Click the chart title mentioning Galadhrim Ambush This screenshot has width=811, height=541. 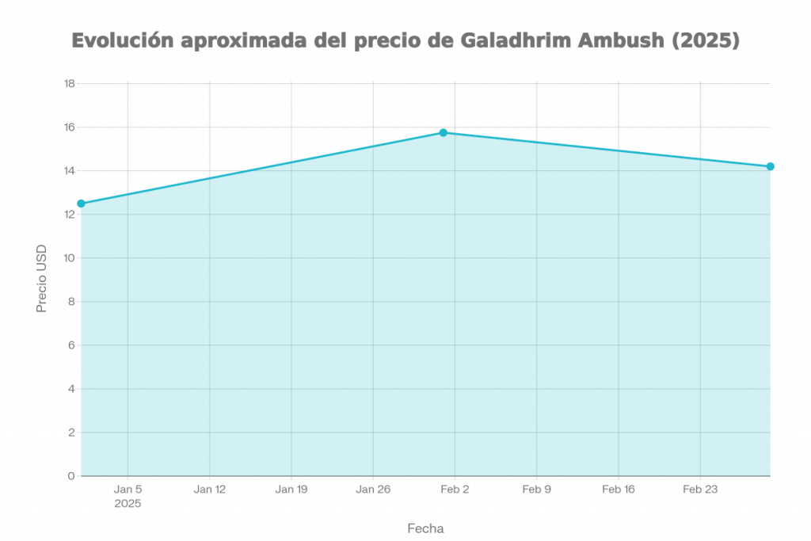tap(405, 41)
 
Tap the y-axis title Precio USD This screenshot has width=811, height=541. tap(43, 279)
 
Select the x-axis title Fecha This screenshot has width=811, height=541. tap(425, 528)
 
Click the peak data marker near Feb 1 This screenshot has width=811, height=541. tap(444, 131)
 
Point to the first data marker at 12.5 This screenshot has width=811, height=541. tap(81, 204)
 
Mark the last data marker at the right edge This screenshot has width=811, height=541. tap(770, 166)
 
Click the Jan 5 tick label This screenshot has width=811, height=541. tap(128, 490)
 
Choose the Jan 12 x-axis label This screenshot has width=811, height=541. tap(210, 490)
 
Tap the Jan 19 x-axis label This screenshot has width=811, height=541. tap(291, 490)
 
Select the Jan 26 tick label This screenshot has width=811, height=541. tap(373, 490)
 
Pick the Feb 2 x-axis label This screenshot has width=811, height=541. tap(455, 490)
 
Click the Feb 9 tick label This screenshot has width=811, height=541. tap(537, 490)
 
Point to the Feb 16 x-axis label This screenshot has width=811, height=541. tap(619, 490)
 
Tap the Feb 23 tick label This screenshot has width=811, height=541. tap(700, 490)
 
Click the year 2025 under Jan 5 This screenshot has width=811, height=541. tap(128, 503)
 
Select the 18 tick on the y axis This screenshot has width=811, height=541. tap(69, 83)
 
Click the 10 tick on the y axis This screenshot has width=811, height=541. tap(69, 258)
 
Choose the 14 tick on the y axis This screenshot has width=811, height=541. tap(69, 171)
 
